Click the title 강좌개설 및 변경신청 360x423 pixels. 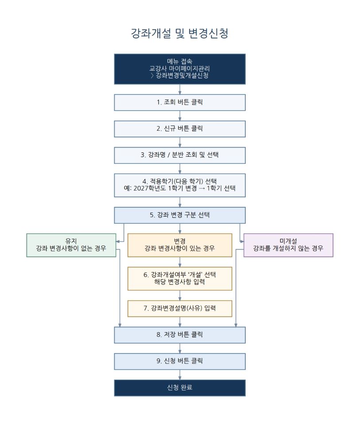[180, 34]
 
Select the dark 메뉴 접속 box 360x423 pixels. [180, 69]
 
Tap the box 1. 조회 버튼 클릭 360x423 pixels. [180, 102]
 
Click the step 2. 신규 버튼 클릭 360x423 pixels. [180, 129]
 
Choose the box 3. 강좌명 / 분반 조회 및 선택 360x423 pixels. [180, 155]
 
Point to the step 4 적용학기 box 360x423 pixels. [180, 185]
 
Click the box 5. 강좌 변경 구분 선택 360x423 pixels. [180, 215]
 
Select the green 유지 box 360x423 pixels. [71, 245]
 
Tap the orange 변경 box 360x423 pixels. [180, 245]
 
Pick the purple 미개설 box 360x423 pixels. [288, 245]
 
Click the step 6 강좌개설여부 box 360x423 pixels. [180, 279]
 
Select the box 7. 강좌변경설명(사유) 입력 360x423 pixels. [180, 309]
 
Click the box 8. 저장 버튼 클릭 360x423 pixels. [180, 335]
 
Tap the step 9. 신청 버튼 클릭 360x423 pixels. [180, 361]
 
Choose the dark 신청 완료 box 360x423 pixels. [180, 388]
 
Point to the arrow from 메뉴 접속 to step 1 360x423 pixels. [180, 89]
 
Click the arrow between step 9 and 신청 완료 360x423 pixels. [180, 375]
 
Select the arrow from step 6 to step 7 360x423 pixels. [180, 295]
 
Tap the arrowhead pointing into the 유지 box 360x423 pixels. [118, 242]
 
